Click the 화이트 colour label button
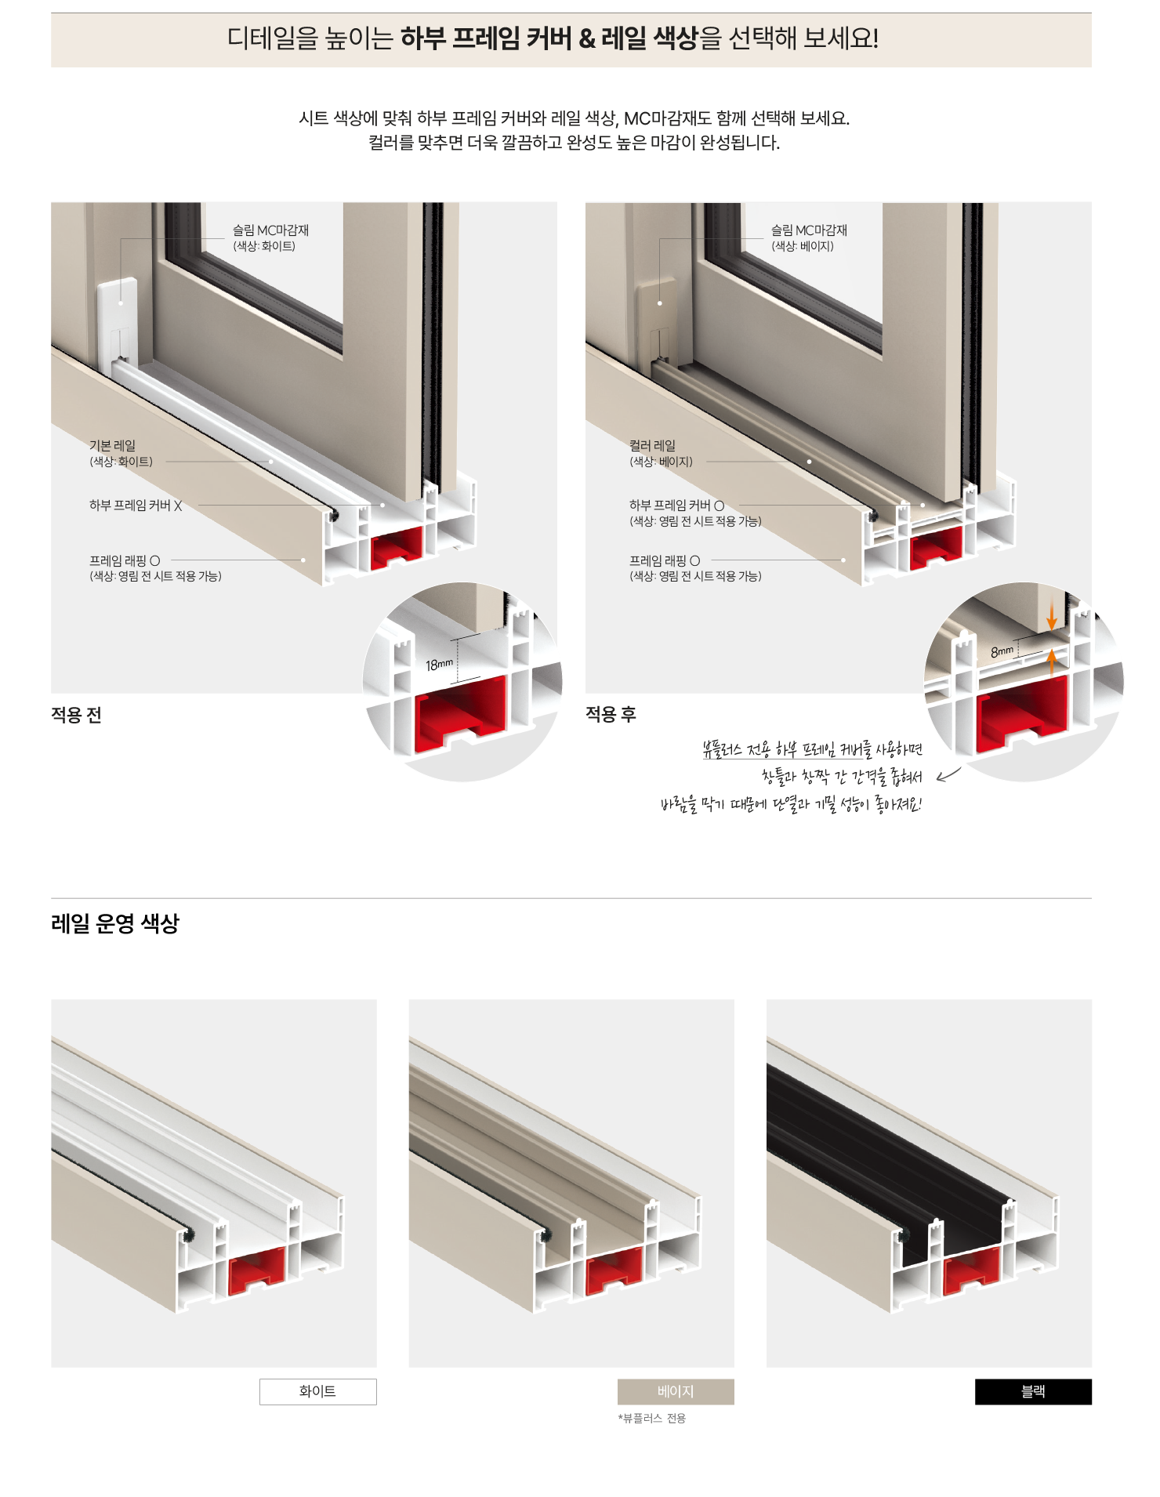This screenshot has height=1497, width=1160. tap(317, 1391)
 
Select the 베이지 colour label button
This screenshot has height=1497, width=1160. tap(676, 1391)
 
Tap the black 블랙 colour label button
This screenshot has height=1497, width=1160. tap(1033, 1391)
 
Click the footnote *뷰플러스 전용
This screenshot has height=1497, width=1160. tap(651, 1418)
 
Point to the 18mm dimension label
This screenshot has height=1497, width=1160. tap(439, 665)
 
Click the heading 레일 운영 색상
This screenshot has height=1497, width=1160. tap(115, 923)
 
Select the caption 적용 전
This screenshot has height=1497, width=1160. tap(76, 715)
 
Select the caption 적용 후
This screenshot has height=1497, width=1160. tap(611, 714)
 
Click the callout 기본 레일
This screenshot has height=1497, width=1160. tap(112, 445)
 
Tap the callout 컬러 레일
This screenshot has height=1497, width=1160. tap(652, 445)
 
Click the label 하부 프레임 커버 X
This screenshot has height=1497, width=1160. tap(136, 506)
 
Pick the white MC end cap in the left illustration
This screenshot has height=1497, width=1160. tap(117, 323)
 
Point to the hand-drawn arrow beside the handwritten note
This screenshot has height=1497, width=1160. tap(948, 775)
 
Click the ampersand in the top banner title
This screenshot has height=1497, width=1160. tap(587, 38)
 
